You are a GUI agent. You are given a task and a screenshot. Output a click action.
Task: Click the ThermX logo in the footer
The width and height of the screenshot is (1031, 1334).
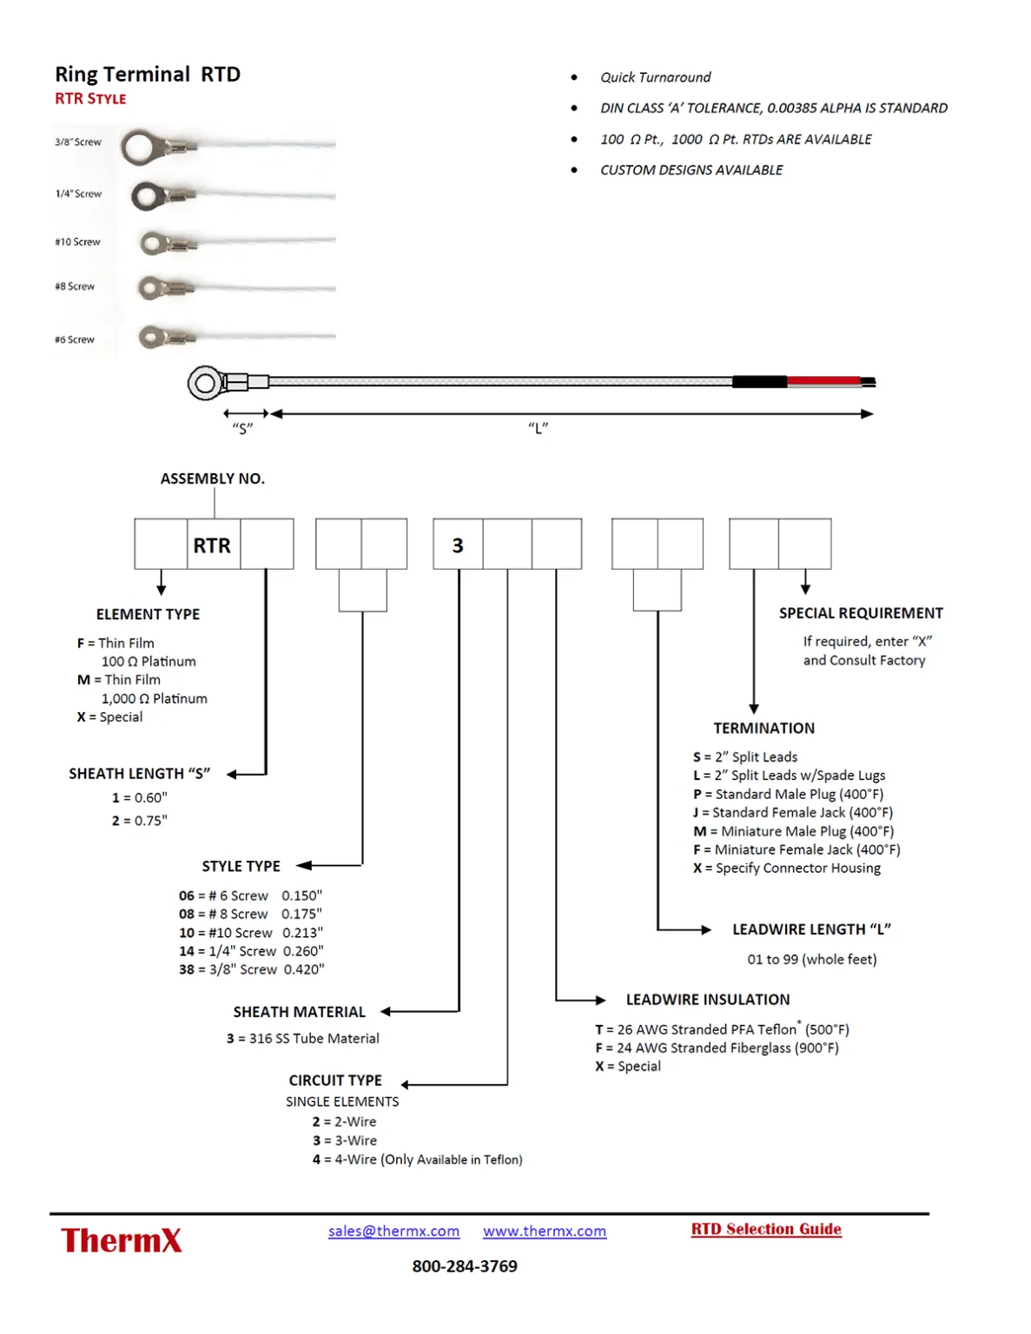click(x=122, y=1240)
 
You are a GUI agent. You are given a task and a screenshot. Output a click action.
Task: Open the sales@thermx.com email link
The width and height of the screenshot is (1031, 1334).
click(x=393, y=1231)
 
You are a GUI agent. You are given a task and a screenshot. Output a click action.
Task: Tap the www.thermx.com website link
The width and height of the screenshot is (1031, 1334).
click(x=545, y=1231)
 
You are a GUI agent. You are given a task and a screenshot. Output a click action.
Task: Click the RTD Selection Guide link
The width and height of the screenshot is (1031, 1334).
click(x=766, y=1229)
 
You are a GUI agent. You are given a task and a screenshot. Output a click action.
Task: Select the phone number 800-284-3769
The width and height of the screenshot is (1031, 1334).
click(x=465, y=1266)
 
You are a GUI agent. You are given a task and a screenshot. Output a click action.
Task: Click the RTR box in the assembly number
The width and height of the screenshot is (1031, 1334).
click(x=213, y=545)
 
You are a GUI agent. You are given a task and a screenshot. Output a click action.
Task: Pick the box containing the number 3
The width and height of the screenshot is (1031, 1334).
click(x=458, y=545)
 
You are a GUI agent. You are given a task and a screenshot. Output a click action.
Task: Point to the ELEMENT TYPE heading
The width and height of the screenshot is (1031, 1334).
click(x=148, y=614)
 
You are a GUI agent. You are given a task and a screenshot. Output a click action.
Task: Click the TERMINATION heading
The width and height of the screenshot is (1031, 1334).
click(x=764, y=728)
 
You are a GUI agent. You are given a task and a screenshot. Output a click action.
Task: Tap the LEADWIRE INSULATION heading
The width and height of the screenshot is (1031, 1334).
click(x=708, y=1000)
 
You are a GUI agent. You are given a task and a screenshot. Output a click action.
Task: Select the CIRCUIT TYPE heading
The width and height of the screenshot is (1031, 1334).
click(x=335, y=1080)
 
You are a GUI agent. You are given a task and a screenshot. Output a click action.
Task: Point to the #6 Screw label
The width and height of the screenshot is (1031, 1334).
click(x=75, y=340)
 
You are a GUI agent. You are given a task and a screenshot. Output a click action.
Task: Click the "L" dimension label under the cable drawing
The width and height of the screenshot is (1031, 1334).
click(x=539, y=428)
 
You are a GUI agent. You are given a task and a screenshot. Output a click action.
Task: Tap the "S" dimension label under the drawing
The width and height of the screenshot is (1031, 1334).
click(x=242, y=428)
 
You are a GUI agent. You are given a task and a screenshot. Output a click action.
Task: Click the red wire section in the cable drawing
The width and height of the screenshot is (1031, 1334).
click(x=823, y=381)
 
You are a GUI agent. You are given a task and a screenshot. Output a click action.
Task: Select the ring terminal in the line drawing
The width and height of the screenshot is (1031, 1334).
click(x=205, y=383)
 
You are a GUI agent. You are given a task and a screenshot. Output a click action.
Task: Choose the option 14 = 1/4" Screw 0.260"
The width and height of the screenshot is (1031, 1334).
click(x=251, y=951)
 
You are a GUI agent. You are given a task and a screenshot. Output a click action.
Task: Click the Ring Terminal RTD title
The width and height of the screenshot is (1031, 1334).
click(x=148, y=74)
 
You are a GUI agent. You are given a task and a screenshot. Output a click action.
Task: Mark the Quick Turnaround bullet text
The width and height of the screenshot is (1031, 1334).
click(x=655, y=77)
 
